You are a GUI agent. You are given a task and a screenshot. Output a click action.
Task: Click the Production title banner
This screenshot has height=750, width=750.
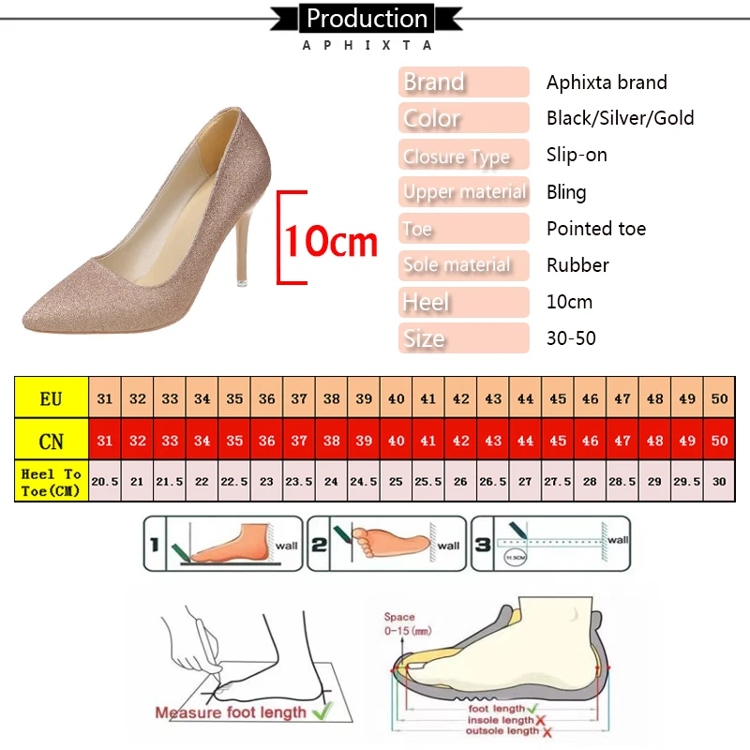367,19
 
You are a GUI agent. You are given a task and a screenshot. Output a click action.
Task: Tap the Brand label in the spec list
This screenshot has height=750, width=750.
434,82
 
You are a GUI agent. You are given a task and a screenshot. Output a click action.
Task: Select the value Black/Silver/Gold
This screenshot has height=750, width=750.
620,118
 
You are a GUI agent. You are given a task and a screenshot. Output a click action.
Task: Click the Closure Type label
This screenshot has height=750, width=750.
457,156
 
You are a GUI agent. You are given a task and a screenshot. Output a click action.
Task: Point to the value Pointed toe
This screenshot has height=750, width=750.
596,229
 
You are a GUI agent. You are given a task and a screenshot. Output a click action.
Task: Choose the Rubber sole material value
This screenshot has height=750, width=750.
577,265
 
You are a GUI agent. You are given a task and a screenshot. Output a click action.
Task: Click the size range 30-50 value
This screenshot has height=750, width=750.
571,338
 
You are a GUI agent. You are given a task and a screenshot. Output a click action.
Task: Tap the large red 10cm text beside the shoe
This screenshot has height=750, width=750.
330,242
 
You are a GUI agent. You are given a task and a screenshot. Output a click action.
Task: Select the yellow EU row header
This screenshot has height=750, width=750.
52,398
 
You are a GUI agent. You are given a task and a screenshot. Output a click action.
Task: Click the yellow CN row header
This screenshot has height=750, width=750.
52,440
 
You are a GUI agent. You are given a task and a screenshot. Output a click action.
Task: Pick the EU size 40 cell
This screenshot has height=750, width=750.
397,398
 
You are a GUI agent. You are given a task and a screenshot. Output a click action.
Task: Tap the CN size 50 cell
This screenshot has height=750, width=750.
719,440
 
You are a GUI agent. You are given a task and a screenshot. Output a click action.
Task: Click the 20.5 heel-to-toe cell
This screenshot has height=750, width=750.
105,481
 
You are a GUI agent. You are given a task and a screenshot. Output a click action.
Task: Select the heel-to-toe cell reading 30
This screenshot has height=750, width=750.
719,481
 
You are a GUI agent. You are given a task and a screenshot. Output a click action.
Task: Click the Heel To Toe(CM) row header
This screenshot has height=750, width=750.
52,482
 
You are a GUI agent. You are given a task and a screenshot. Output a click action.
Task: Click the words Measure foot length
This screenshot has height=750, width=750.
231,712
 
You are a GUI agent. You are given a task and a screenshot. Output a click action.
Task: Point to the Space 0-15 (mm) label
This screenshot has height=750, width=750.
399,623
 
